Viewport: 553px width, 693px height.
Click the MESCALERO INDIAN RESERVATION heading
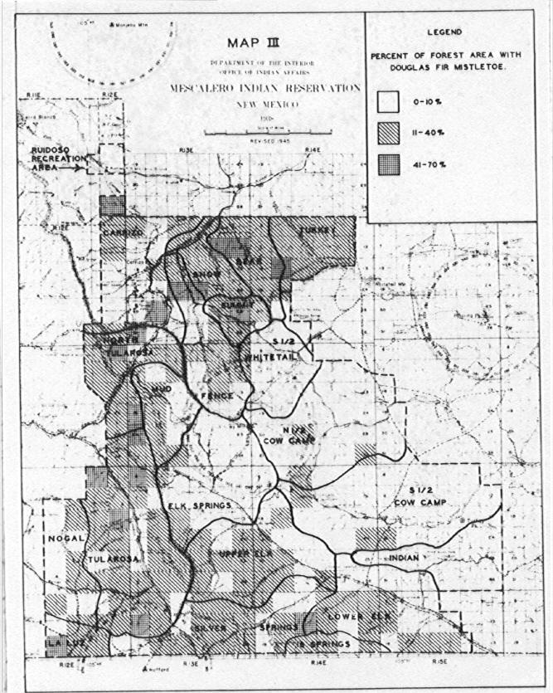click(265, 87)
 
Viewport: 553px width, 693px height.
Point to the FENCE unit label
click(216, 396)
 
